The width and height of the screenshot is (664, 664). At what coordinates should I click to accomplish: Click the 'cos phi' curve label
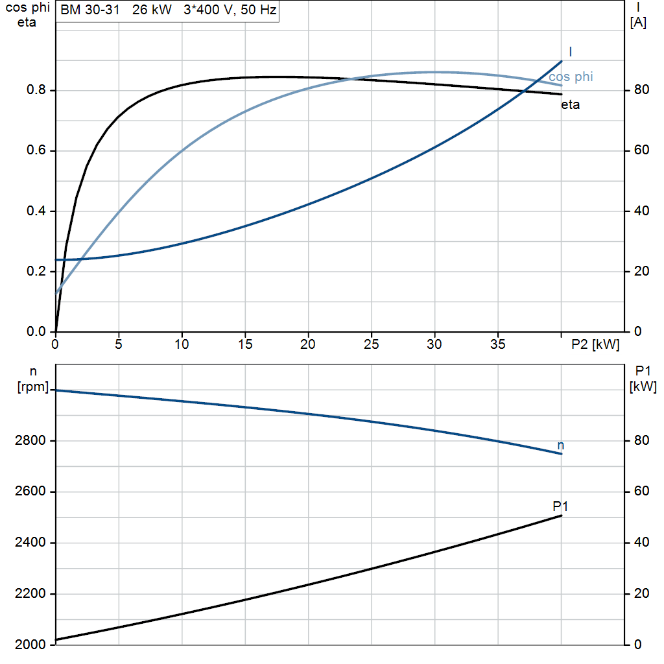coord(571,77)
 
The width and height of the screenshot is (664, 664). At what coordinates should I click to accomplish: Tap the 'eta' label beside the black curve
coord(571,104)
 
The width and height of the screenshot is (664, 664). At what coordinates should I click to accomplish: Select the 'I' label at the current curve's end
coord(571,52)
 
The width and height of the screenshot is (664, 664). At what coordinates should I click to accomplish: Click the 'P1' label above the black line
coord(560,506)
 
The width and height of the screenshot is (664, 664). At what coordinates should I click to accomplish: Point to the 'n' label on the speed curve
coord(561,445)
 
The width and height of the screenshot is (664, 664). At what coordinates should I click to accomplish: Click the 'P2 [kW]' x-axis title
coord(595,345)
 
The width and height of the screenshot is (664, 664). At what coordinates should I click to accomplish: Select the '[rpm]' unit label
coord(33,386)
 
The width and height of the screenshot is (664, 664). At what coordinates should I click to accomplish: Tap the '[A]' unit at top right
coord(638,23)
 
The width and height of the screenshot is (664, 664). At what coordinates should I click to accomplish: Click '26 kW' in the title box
coord(152,10)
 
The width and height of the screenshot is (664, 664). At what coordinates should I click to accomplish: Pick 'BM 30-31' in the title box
coord(89,10)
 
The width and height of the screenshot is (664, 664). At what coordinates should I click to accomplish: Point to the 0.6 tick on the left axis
coord(36,150)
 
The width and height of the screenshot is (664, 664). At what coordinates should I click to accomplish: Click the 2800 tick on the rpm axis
coord(30,441)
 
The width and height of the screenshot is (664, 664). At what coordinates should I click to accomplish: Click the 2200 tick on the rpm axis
coord(30,594)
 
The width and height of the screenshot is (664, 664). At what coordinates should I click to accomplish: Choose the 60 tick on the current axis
coord(641,150)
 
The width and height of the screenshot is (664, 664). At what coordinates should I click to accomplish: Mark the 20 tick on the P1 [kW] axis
coord(641,594)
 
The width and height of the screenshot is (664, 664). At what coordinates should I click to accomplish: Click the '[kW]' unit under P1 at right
coord(643,386)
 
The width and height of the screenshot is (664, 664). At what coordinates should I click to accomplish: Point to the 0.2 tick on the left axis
coord(36,271)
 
